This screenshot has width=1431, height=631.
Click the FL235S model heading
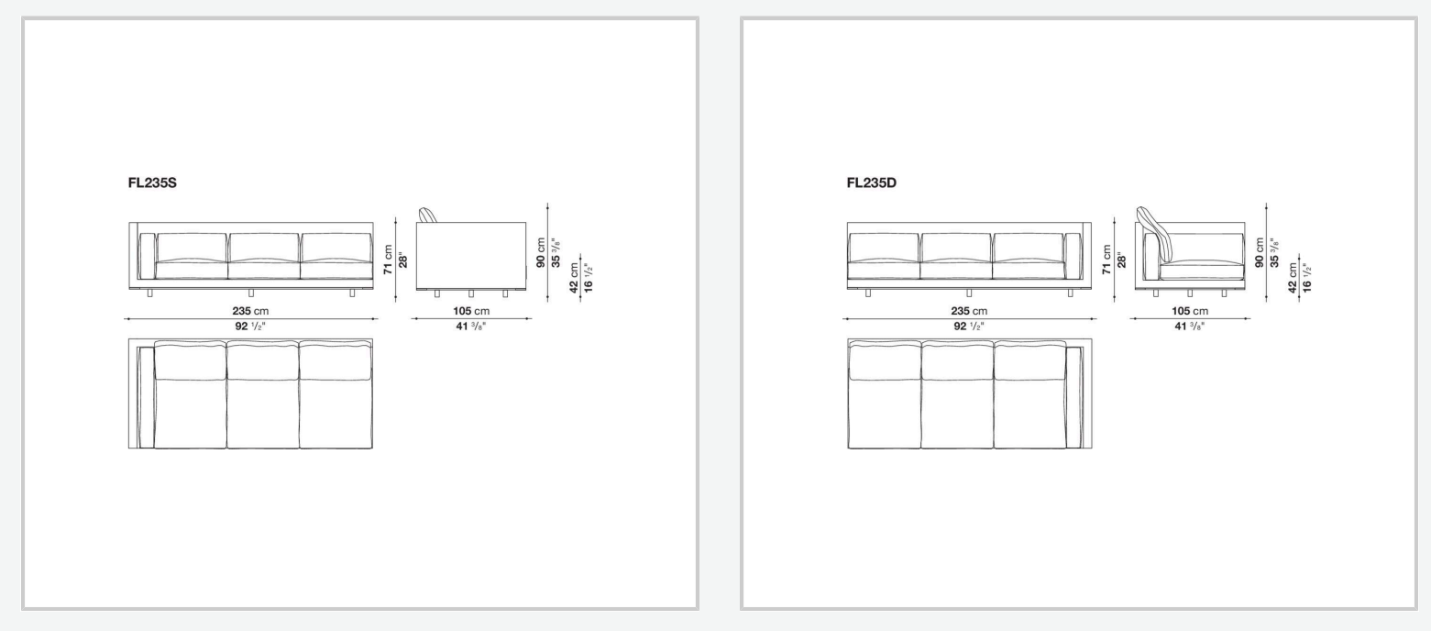pos(152,183)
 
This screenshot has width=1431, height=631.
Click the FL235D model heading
pos(872,183)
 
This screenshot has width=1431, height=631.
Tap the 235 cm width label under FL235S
pos(250,311)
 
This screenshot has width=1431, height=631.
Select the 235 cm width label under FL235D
pos(969,311)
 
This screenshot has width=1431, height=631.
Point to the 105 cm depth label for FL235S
pos(471,311)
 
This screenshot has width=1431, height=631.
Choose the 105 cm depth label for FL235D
pos(1190,311)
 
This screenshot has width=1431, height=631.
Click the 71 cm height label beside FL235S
pos(388,260)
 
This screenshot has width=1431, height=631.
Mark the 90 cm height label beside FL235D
pos(1260,252)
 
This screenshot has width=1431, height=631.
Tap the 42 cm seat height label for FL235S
pos(574,278)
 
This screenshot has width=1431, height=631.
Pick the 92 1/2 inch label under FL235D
pos(968,327)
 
